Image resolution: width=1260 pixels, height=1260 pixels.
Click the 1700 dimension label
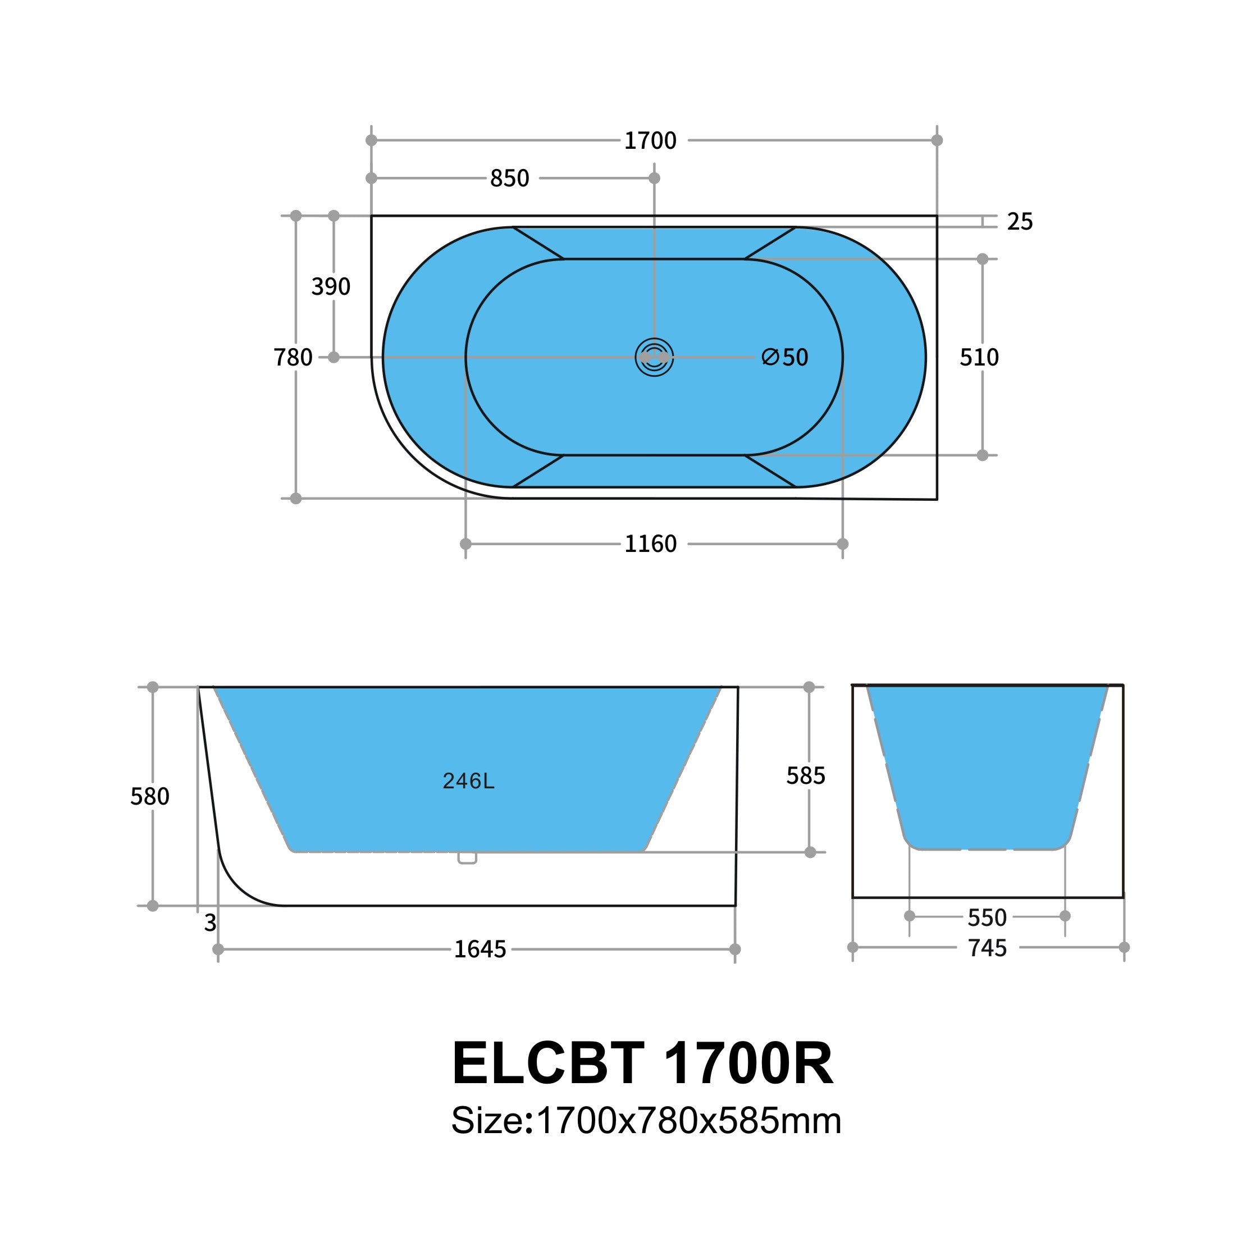click(650, 141)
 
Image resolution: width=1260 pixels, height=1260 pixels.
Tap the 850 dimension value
click(509, 179)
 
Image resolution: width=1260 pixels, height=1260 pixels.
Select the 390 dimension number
click(331, 287)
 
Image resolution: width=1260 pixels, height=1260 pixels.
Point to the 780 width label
click(293, 357)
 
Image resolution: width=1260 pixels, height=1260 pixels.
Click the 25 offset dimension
click(1019, 222)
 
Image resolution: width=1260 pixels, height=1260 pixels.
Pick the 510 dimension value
click(979, 357)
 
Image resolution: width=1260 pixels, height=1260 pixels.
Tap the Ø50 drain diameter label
click(785, 357)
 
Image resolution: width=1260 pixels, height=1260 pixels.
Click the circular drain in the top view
click(654, 357)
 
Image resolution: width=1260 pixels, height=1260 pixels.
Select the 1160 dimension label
click(650, 544)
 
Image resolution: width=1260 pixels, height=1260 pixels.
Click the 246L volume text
click(468, 781)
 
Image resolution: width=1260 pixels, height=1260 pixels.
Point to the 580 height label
click(149, 796)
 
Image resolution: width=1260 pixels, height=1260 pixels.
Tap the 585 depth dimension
click(805, 775)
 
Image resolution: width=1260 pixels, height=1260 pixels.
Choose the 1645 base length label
click(480, 949)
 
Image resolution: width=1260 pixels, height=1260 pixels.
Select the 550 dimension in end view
click(987, 917)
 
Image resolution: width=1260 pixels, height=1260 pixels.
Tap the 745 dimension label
click(987, 948)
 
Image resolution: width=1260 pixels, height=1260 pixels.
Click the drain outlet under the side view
click(467, 859)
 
